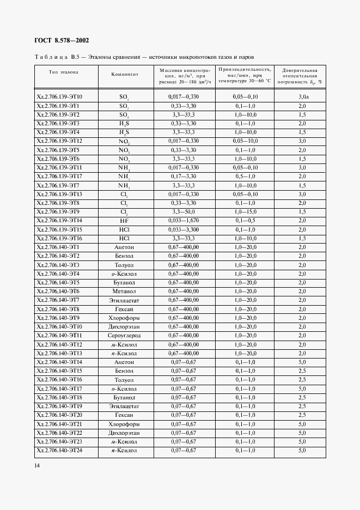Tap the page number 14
(x=37, y=465)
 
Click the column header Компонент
(x=125, y=74)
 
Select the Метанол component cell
(x=124, y=292)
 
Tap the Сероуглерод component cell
(x=124, y=336)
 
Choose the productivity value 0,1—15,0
(x=246, y=211)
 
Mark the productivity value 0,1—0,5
(x=246, y=220)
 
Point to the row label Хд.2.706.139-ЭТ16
(x=58, y=238)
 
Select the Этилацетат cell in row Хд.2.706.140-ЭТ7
(x=124, y=300)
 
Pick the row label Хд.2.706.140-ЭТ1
(x=57, y=247)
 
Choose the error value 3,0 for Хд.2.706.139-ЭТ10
(x=303, y=96)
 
